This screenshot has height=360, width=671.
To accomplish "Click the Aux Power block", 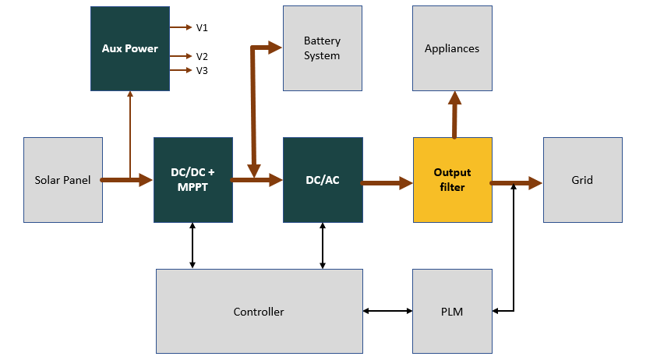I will pos(130,48).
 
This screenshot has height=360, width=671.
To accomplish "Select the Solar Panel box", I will pos(63,180).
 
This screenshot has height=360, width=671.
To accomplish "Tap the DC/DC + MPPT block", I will pos(192,180).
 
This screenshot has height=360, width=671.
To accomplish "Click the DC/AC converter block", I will pos(323,180).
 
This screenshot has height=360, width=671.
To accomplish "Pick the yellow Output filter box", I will pos(452,180).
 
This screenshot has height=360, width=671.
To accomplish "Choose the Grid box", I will pos(582,180).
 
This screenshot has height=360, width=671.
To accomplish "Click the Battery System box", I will pos(322,48).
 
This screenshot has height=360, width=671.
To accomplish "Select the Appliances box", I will pos(452,48).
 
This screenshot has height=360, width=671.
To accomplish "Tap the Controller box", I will pos(259,312).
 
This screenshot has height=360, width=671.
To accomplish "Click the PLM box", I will pos(452,312).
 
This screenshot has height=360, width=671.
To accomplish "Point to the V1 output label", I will pos(202,27).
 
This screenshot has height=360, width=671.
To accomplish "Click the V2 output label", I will pos(202,56).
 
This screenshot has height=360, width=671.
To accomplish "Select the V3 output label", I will pos(202,70).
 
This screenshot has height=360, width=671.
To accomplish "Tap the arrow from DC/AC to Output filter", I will pos(387,183).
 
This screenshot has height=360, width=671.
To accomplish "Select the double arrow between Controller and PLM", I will pos(387,312).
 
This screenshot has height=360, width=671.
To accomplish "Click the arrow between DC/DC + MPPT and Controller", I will pos(192,245).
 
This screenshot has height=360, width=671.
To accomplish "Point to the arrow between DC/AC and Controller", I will pos(323,245).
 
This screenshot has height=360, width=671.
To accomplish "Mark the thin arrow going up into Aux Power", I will pos(130,132).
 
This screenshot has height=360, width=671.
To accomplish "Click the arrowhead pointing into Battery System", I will pos(274,48).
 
